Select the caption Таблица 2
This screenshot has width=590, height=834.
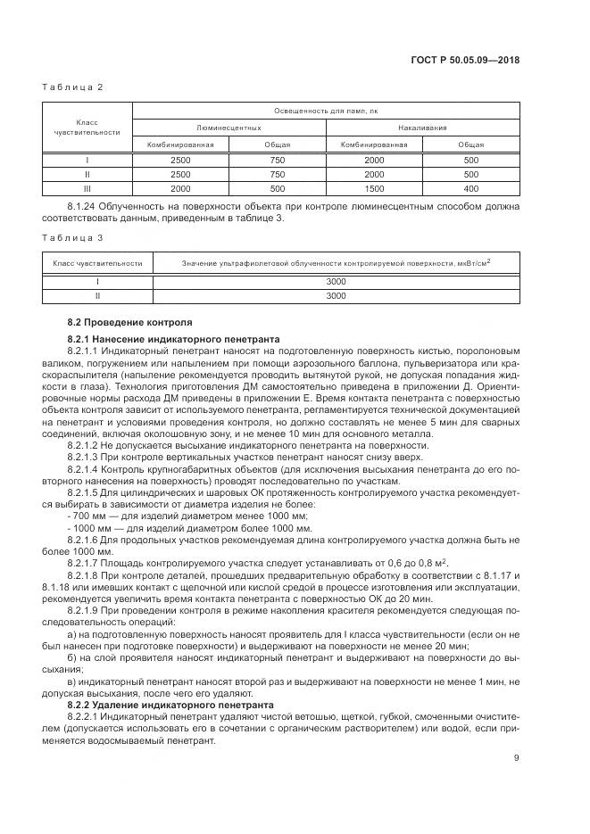[73, 87]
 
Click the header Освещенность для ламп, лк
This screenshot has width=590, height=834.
[326, 111]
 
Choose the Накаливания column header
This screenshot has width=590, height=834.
[423, 128]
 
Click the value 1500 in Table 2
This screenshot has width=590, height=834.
[375, 189]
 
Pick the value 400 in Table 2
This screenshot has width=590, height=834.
[471, 189]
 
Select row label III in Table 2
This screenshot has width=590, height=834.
[87, 189]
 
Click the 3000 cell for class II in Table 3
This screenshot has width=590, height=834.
[336, 294]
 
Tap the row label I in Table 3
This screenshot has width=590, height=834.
[97, 281]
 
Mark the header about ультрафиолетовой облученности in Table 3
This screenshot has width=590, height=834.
[336, 263]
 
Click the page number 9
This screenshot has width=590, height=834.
[516, 758]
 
